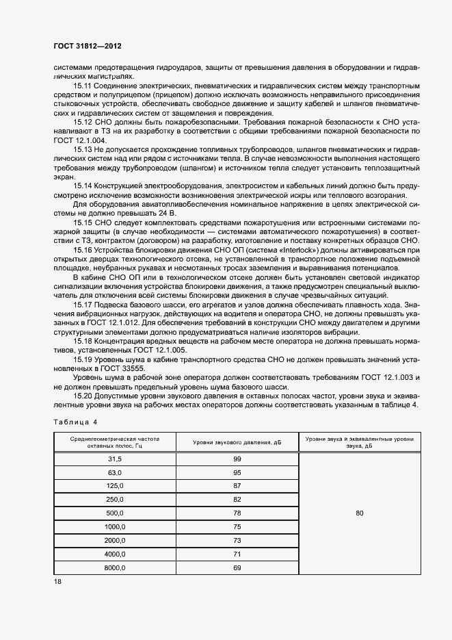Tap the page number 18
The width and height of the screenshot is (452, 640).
pos(57,582)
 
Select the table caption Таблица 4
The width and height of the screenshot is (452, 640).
pos(76,422)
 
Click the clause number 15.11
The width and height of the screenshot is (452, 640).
pos(82,86)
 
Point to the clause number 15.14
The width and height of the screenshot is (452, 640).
pos(82,186)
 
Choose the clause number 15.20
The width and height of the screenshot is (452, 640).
pos(82,396)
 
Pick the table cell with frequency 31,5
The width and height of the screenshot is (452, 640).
pos(114,459)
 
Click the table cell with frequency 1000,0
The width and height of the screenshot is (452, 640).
pos(114,526)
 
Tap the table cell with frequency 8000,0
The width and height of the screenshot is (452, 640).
pos(114,567)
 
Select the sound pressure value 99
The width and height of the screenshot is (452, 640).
pos(237,459)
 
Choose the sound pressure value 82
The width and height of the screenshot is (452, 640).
pos(237,499)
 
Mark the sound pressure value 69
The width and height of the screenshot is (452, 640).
pos(237,567)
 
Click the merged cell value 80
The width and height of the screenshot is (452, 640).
pos(360,513)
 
